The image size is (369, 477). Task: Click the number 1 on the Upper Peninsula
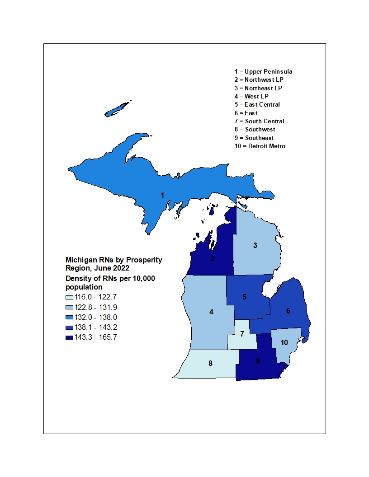click(x=162, y=195)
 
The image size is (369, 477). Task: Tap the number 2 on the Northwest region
click(x=212, y=259)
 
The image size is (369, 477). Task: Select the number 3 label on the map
click(x=255, y=245)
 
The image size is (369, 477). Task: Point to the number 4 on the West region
click(x=211, y=312)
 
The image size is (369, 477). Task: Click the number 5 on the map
click(x=244, y=297)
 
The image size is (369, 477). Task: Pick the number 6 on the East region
click(x=288, y=311)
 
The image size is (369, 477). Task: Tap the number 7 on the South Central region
click(x=242, y=334)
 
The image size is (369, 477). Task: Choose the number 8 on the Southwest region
click(x=210, y=363)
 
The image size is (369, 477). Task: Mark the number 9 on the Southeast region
click(x=258, y=361)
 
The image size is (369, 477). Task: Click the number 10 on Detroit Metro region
click(x=284, y=343)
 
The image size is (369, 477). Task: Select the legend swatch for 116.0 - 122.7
click(x=70, y=297)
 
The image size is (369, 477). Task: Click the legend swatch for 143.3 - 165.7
click(x=70, y=337)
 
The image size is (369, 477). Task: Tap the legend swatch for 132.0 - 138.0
click(x=70, y=317)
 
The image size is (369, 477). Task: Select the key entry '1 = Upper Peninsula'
click(x=263, y=71)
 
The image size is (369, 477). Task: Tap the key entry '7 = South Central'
click(x=259, y=121)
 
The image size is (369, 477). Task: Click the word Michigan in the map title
click(x=81, y=260)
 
